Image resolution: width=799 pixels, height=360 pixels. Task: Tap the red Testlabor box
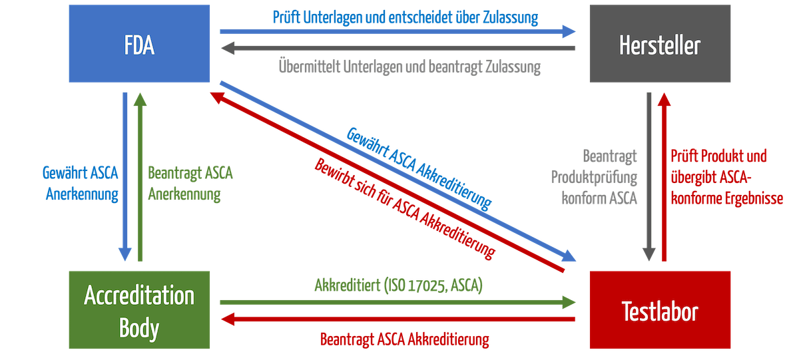(x=660, y=310)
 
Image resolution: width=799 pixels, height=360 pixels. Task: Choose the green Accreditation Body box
(x=139, y=310)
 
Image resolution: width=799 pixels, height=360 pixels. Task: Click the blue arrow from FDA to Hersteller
(x=397, y=31)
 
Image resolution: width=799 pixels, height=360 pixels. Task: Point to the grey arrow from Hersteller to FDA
(x=397, y=48)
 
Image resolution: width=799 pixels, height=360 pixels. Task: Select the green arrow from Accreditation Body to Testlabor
(x=397, y=302)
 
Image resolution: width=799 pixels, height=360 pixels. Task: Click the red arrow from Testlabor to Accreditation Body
(x=397, y=319)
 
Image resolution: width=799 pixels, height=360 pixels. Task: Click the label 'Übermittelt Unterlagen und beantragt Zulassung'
(x=408, y=67)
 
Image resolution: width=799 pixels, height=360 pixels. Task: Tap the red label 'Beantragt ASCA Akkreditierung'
(x=405, y=339)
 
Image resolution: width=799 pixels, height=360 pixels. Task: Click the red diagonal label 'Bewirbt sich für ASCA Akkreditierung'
(x=405, y=208)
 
